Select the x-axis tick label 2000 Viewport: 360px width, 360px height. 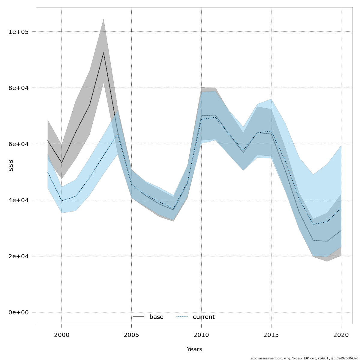coord(61,335)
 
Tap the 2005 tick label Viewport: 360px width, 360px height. coord(131,335)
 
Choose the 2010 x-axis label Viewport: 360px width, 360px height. coord(201,335)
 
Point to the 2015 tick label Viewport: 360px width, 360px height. coord(271,335)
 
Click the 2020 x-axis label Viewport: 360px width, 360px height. coord(341,335)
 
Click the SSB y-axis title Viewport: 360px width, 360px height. coord(11,165)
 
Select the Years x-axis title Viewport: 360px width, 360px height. coord(194,349)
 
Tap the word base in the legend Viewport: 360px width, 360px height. coord(156,317)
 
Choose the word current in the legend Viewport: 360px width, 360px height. coord(204,317)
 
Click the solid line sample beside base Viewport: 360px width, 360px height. coord(139,317)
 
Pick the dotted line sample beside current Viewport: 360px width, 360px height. coord(182,317)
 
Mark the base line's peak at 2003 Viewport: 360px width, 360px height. coord(103,53)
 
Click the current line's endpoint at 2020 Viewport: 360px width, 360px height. coord(341,208)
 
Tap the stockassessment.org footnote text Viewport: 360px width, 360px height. coord(304,358)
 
